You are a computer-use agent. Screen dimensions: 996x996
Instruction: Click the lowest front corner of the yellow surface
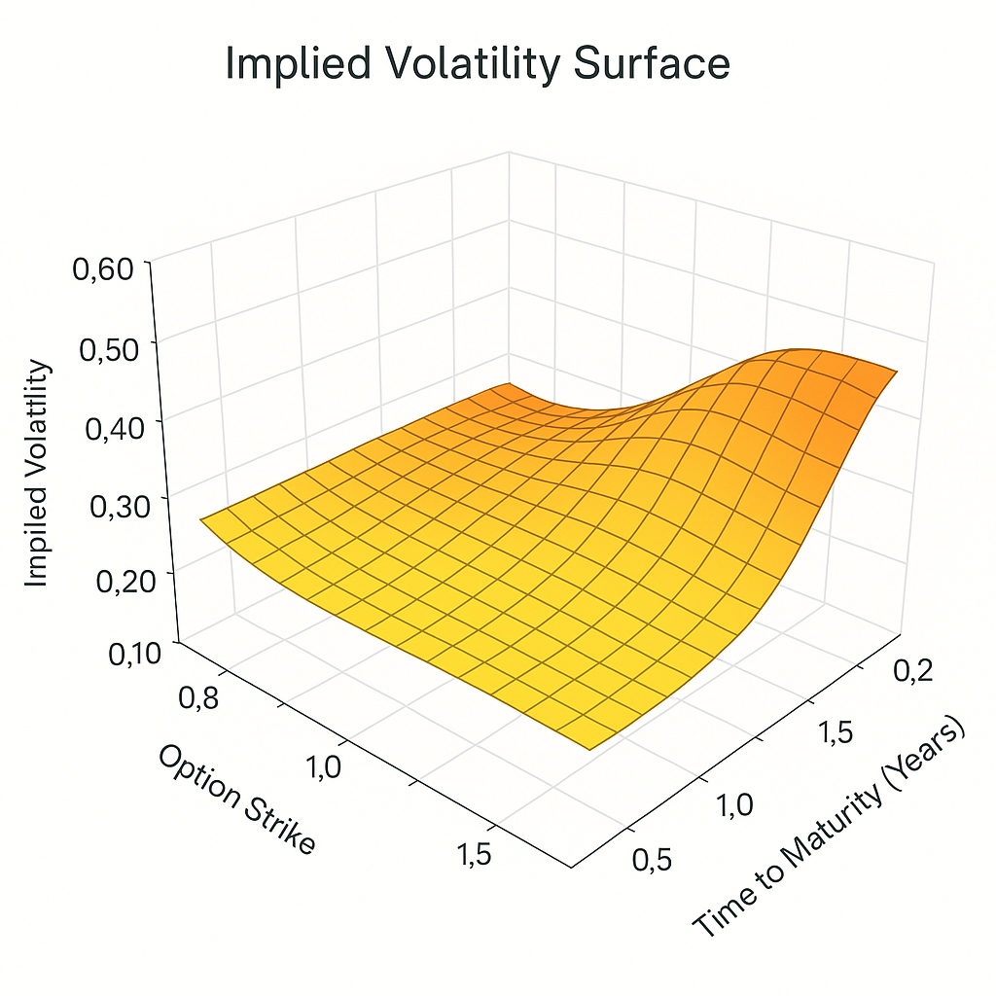tap(590, 749)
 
